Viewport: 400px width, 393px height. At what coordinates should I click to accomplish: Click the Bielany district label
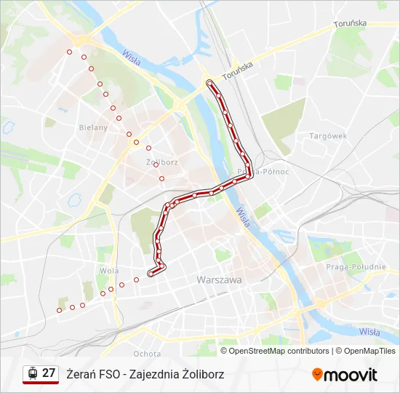93,127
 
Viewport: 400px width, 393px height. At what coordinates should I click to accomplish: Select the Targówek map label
328,136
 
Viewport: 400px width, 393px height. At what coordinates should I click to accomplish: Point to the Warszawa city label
218,279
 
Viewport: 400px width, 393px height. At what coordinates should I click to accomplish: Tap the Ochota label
148,354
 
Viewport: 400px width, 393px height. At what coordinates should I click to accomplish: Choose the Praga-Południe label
356,267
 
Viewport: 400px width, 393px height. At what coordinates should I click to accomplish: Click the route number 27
49,373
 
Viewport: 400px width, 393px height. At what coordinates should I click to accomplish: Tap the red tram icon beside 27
32,373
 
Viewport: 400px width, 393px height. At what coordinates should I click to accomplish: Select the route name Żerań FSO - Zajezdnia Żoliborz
145,374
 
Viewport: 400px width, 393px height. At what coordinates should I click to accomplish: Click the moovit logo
345,375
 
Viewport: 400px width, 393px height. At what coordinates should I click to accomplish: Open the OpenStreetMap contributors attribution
279,351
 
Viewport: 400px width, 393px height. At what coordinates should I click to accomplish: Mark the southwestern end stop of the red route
151,274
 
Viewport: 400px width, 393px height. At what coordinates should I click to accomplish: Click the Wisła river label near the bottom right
369,332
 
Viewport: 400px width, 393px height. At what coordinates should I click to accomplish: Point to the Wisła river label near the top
132,56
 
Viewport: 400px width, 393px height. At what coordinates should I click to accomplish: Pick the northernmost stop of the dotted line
70,52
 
